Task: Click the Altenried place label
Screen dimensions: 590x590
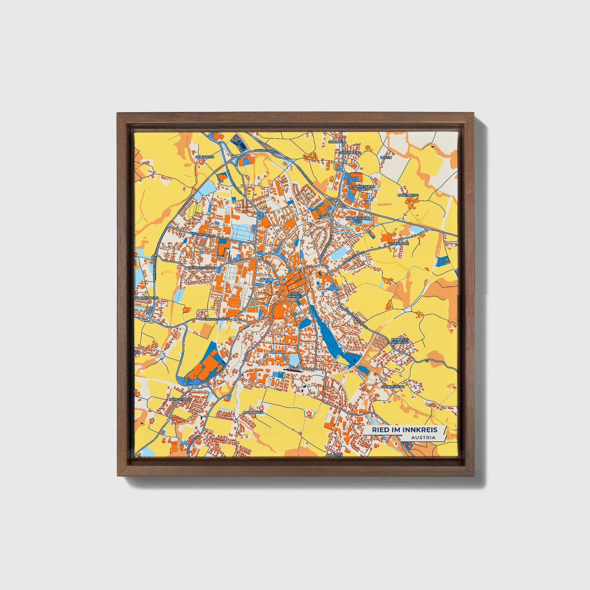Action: (205, 157)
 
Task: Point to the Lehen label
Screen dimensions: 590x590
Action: (386, 157)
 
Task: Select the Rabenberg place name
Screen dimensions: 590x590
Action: (408, 196)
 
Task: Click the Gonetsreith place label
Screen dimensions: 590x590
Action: (393, 386)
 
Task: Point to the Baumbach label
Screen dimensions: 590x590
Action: (254, 413)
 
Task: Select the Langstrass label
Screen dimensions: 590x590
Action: (180, 399)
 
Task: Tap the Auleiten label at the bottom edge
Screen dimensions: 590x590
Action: (334, 455)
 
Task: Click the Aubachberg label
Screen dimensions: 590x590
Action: (147, 298)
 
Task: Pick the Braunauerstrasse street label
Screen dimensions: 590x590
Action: (214, 318)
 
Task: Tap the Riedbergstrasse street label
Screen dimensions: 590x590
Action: (201, 267)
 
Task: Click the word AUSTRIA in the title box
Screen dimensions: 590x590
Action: (423, 437)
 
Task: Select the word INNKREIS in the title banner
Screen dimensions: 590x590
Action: (420, 430)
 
